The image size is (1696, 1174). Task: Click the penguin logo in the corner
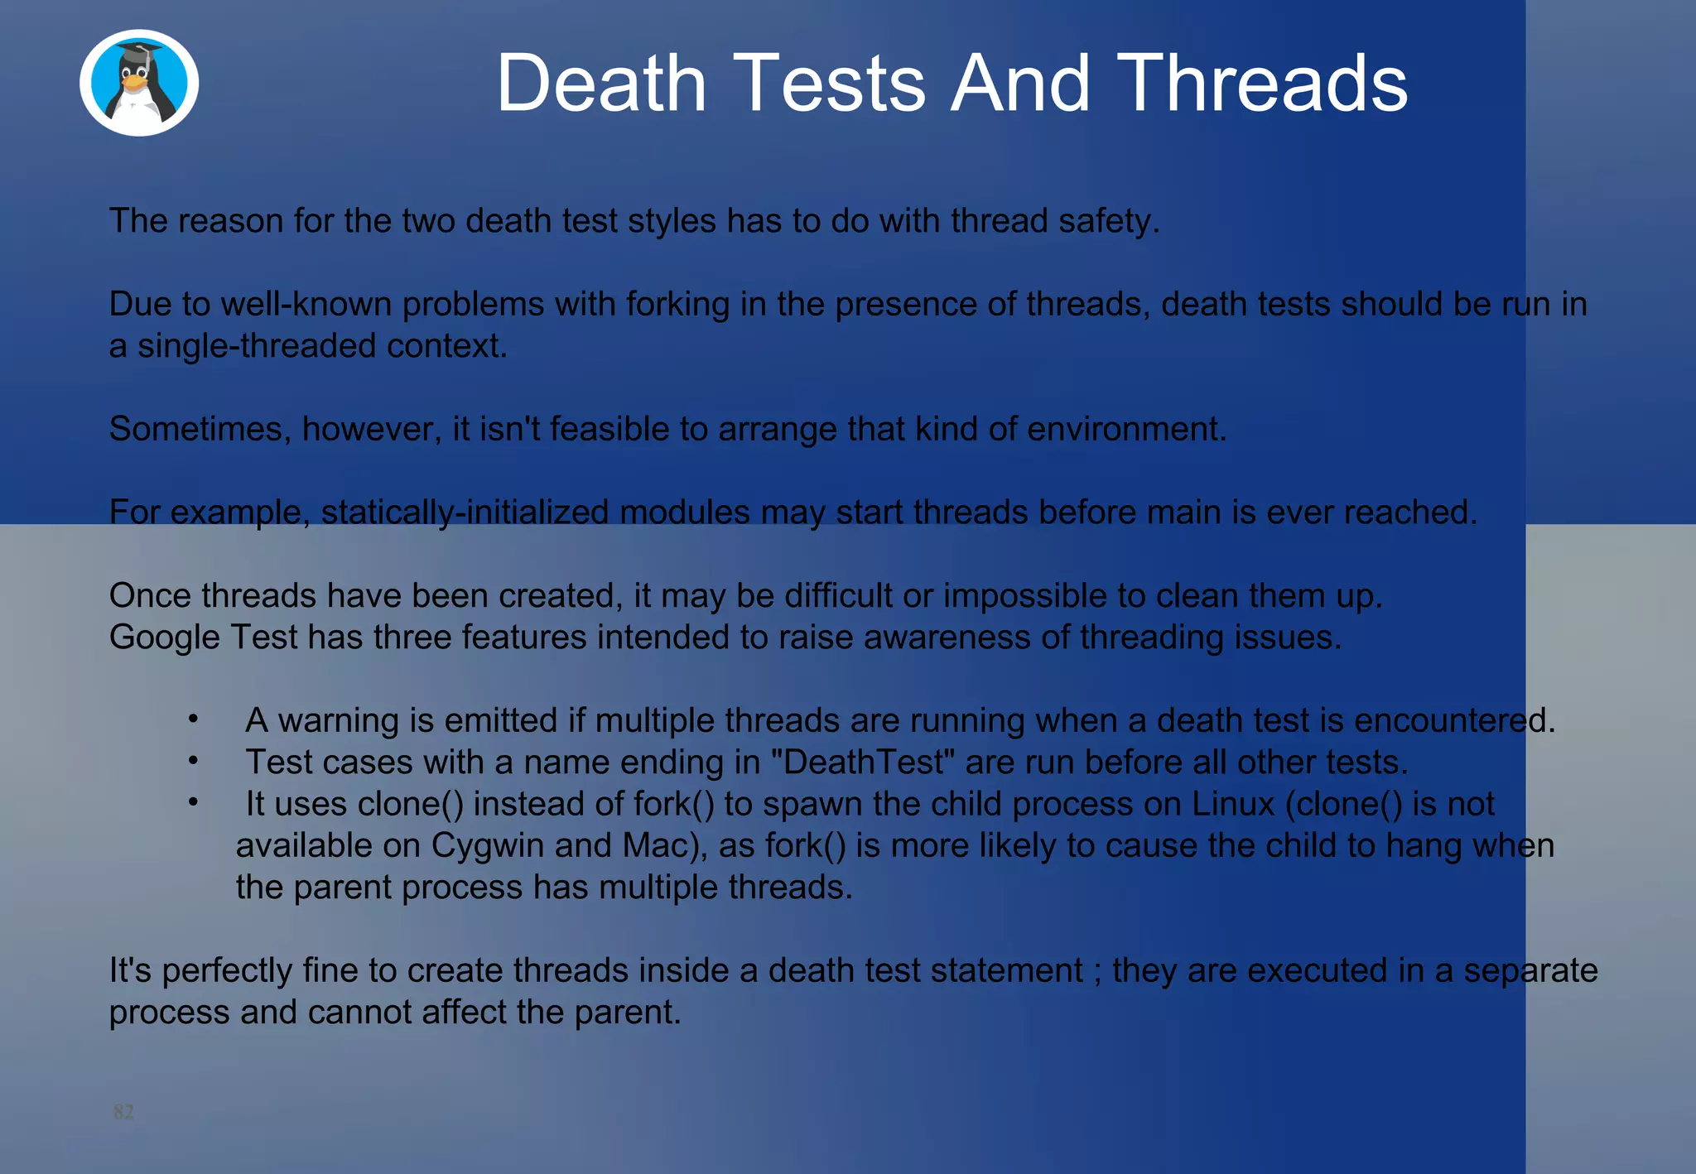click(139, 83)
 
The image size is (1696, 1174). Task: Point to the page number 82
click(123, 1111)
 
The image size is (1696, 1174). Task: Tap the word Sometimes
click(200, 429)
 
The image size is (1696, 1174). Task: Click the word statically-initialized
click(465, 512)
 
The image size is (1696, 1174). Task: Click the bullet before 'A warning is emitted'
click(193, 719)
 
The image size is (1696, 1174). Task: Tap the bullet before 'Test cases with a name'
click(193, 761)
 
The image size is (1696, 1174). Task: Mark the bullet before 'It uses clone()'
click(193, 802)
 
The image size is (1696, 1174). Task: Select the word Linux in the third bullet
click(1232, 804)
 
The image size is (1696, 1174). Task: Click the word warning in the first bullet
click(339, 721)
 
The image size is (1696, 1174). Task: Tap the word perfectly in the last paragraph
click(227, 971)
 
